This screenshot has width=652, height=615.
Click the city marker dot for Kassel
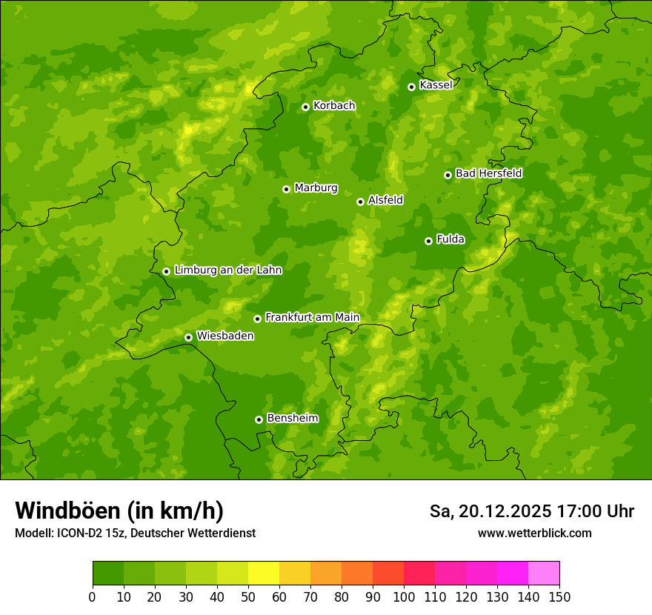coord(411,87)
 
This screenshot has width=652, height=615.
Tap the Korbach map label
coord(334,106)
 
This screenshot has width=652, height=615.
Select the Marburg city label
coord(316,188)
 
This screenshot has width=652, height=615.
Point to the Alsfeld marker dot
coord(360,202)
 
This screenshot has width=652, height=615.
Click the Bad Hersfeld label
coord(488,173)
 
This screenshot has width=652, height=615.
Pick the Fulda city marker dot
coord(428,241)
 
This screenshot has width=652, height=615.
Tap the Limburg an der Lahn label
coord(227,270)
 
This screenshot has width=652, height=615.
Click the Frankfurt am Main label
coord(312,317)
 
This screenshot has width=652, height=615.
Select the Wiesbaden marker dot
coord(188,337)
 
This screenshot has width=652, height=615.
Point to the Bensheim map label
coord(292,418)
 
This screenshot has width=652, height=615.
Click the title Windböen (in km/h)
coord(119,511)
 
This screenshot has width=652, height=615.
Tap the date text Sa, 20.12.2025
coord(490,511)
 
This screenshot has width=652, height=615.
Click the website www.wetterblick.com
coord(534,533)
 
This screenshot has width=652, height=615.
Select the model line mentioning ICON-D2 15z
coord(135,533)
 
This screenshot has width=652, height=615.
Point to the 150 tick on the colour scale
coord(559,596)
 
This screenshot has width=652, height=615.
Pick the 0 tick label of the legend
coord(93,596)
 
